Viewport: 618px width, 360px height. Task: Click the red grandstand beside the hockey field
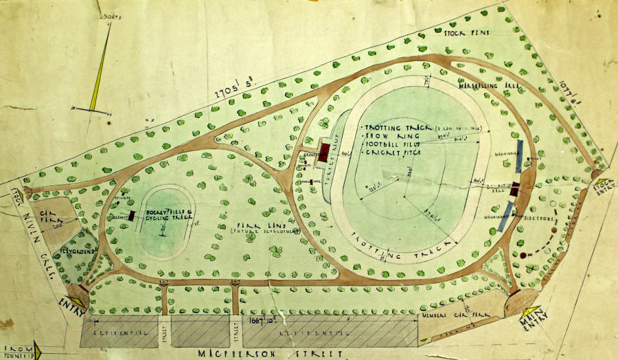130,216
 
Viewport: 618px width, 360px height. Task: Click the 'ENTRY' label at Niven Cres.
67,302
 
